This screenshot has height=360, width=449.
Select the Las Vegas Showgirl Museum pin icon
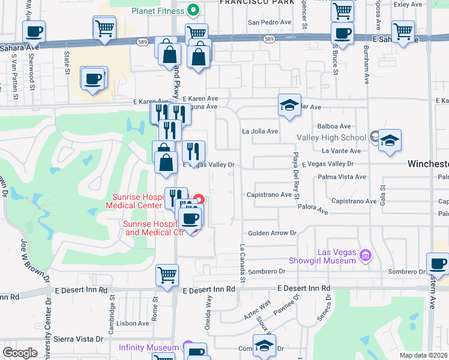(364, 257)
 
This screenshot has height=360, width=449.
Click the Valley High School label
(331, 137)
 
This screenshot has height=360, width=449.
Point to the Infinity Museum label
(148, 347)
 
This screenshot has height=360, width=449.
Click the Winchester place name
(428, 164)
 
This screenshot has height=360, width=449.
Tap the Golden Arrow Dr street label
(272, 233)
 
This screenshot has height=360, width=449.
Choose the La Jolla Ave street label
(260, 131)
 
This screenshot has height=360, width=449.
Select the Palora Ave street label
(313, 211)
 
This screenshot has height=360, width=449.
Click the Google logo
(20, 352)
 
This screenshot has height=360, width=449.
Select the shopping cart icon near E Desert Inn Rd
(167, 275)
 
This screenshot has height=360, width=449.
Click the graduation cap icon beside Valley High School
(390, 142)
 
